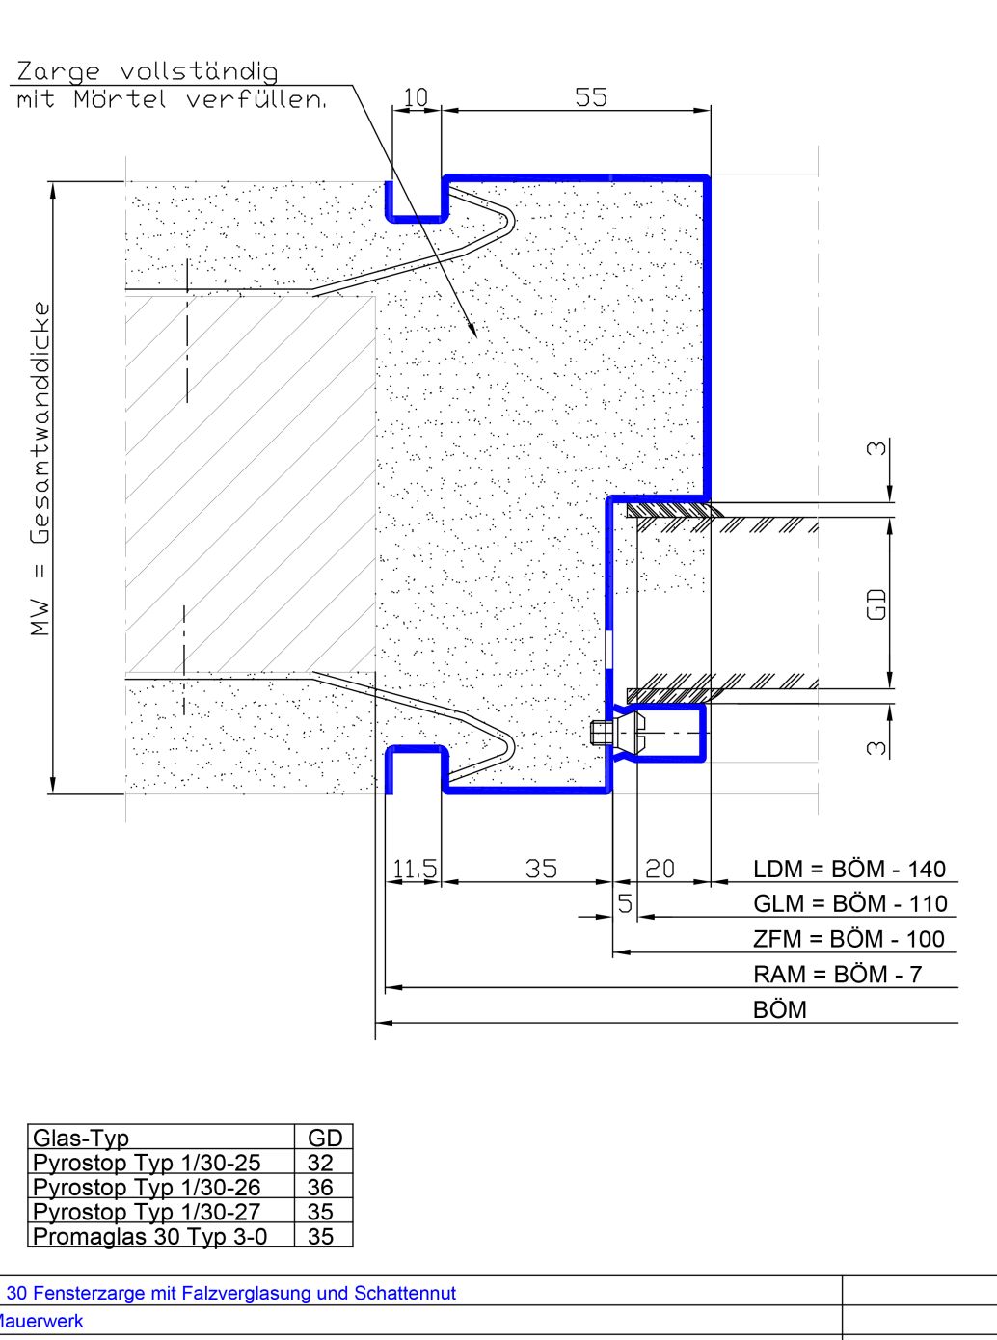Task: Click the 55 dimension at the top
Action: coord(590,96)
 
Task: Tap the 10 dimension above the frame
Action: coord(416,96)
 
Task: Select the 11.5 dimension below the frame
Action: coord(415,869)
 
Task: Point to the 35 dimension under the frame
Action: coord(541,869)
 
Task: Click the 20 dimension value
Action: coord(660,869)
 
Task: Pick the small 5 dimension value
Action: coord(626,903)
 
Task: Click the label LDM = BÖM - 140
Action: coord(849,869)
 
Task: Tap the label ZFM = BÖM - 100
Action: coord(849,939)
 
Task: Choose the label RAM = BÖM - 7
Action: coord(838,974)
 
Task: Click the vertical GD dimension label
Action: coord(876,604)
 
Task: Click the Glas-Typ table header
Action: coord(81,1139)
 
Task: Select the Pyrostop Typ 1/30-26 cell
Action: coord(147,1188)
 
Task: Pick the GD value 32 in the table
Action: coord(320,1163)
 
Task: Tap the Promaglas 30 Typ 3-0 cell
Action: coord(149,1237)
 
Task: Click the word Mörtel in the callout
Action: coord(120,98)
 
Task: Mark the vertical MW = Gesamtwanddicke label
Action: coord(40,469)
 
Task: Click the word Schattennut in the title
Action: coord(405,1293)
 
